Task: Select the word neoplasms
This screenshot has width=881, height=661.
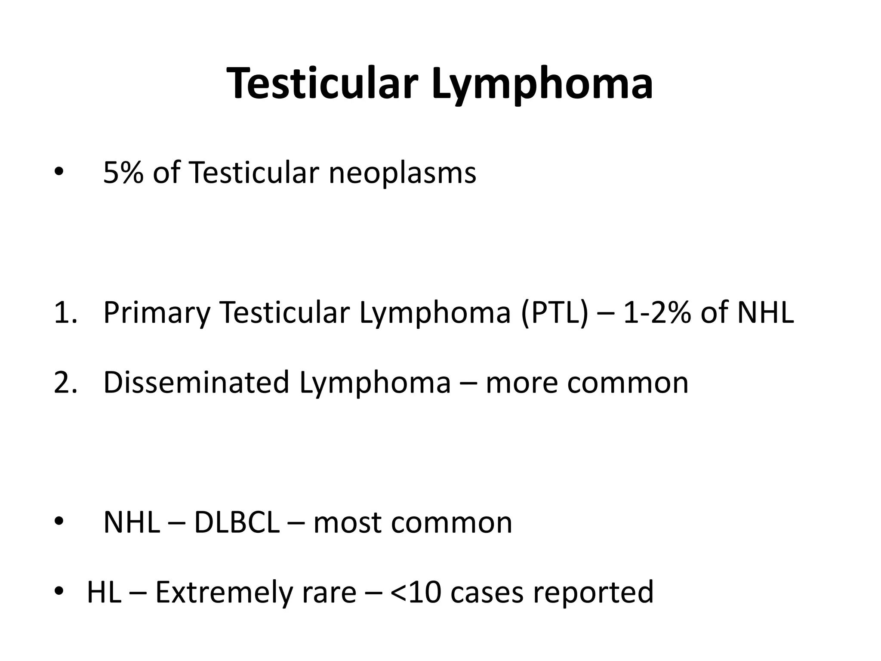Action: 402,173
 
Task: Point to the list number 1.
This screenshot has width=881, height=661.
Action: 65,312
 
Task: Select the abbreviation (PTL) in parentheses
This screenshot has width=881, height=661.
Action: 554,312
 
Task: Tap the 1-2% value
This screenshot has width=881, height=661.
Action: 657,312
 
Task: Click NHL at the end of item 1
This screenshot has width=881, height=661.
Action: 765,312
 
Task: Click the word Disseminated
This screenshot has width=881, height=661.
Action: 196,382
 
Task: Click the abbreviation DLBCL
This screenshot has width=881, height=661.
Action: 237,522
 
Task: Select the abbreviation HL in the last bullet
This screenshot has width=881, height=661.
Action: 104,592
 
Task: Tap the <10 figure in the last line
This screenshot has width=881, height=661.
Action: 416,592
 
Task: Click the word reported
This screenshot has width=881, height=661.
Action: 593,592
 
